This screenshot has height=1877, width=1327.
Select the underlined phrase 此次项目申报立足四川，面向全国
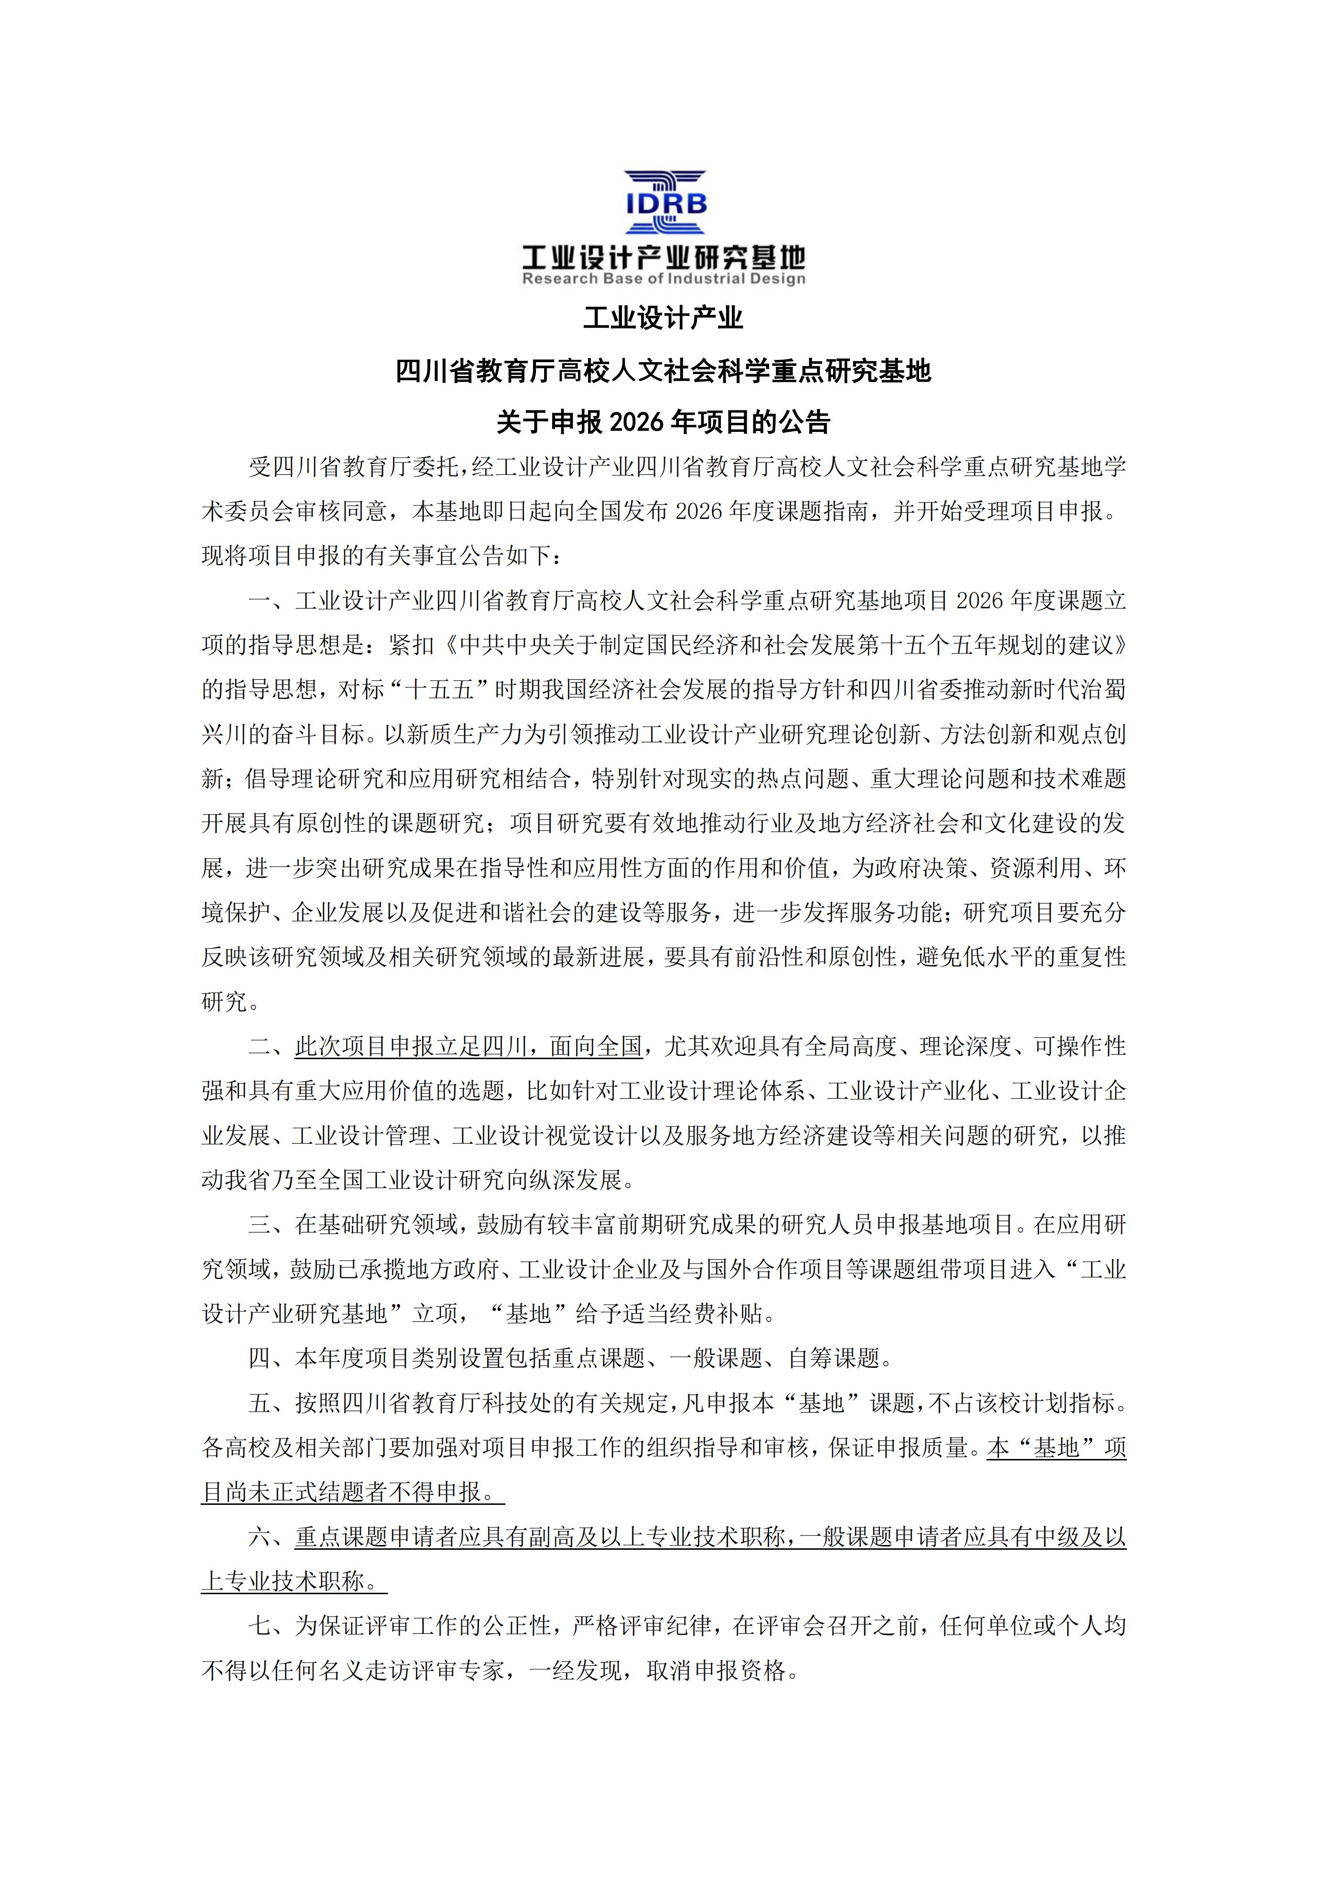point(469,1046)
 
